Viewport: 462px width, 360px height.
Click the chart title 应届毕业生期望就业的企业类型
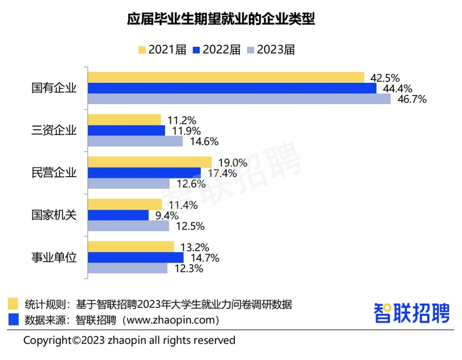point(221,19)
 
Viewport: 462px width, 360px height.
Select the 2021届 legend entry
point(162,50)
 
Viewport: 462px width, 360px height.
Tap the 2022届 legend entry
point(217,50)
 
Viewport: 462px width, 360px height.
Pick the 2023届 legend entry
point(271,50)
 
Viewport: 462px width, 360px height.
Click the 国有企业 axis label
point(54,88)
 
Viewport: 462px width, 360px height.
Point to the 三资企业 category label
point(54,130)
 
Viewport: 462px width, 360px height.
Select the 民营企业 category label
point(54,173)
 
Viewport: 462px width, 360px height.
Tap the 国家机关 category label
point(54,215)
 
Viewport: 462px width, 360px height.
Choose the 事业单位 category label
point(54,257)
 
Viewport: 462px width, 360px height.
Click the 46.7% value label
point(412,99)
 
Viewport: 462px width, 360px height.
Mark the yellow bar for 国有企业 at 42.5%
point(226,77)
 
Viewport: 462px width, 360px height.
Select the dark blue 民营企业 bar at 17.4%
point(144,173)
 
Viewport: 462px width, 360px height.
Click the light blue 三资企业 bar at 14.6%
point(135,141)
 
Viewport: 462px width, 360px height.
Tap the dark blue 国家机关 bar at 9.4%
point(118,215)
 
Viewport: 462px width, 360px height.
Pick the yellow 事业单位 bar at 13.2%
point(131,247)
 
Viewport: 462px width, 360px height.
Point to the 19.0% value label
point(233,163)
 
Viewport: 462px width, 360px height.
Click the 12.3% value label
point(189,269)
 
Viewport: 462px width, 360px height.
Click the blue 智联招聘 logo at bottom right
point(412,313)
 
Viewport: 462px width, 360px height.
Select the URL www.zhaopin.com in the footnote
point(171,320)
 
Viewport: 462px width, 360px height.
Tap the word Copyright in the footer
point(47,340)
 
